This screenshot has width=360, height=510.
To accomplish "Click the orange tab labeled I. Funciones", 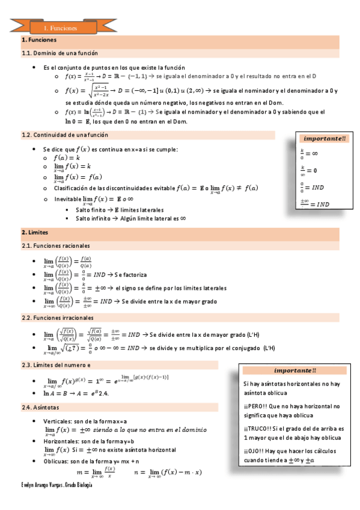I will pyautogui.click(x=61, y=28).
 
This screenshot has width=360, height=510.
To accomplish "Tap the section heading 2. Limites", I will pyautogui.click(x=34, y=232).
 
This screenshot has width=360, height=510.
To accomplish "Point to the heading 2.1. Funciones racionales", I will pyautogui.click(x=55, y=246).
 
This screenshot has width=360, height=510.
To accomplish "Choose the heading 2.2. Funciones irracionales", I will pyautogui.click(x=58, y=317).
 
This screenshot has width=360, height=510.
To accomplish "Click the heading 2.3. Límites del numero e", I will pyautogui.click(x=58, y=365).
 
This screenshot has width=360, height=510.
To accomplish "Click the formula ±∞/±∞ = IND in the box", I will pyautogui.click(x=314, y=204).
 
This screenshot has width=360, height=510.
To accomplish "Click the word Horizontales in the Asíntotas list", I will pyautogui.click(x=61, y=441).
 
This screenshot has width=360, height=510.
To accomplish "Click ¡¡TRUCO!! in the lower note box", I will pyautogui.click(x=256, y=428).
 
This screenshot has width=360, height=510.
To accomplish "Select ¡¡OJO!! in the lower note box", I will pyautogui.click(x=253, y=450).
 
